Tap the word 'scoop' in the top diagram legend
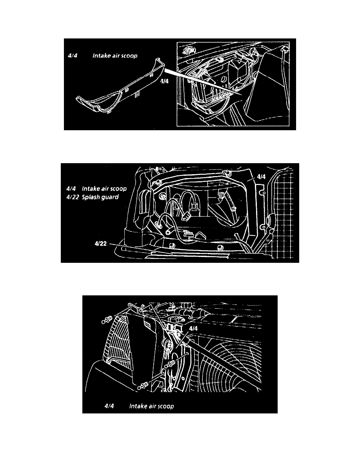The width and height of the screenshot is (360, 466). [x=130, y=56]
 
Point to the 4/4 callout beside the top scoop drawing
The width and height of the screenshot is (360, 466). [x=164, y=81]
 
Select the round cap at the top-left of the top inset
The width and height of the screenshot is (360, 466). [x=188, y=50]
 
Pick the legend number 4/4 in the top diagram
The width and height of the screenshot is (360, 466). [x=73, y=56]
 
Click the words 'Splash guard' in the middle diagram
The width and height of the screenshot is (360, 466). [x=100, y=197]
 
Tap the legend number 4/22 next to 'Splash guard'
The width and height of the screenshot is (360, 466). [x=73, y=197]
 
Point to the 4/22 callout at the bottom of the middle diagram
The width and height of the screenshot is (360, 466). [x=101, y=244]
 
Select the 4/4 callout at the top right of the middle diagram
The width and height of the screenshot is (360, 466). [x=261, y=177]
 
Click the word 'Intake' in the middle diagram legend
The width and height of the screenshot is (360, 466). [x=90, y=188]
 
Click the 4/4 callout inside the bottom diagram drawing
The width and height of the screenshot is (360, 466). [x=193, y=328]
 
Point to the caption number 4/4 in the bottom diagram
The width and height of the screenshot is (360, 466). [x=109, y=406]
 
